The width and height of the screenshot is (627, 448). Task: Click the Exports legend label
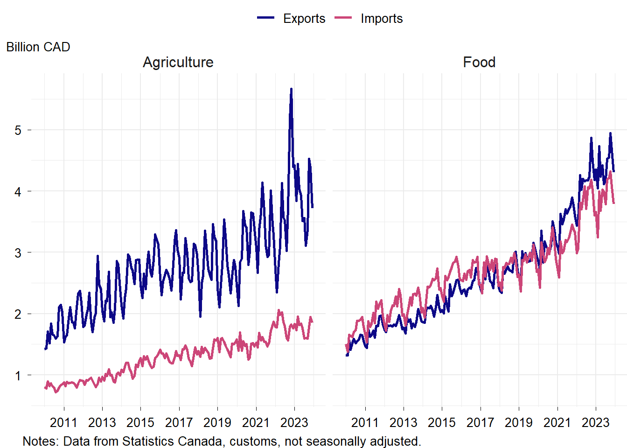tap(304, 19)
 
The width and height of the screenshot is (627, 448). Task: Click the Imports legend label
tap(381, 19)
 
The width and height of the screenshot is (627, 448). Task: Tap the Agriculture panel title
tap(178, 62)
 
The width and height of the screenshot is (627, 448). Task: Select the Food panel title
tap(479, 62)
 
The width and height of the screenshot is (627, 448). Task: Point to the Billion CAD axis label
tap(38, 47)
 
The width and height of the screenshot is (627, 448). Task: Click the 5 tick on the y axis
tap(18, 130)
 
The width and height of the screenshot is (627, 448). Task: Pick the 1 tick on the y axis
tap(18, 376)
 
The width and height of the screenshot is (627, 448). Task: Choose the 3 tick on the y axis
tap(18, 253)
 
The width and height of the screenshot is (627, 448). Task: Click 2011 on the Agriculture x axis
tap(63, 423)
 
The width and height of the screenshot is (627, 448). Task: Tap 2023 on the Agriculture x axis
tap(294, 423)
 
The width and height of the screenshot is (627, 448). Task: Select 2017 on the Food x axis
tap(480, 423)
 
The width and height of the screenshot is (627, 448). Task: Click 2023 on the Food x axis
tap(595, 423)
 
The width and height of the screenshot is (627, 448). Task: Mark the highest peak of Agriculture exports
tap(291, 89)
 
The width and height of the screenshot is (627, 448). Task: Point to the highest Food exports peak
tap(610, 133)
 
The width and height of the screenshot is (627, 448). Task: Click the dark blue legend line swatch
tap(266, 18)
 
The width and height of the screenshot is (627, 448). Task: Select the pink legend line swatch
tap(343, 18)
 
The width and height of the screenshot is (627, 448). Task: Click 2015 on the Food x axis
tap(442, 423)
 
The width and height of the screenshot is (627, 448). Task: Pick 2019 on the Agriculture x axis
tap(217, 423)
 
